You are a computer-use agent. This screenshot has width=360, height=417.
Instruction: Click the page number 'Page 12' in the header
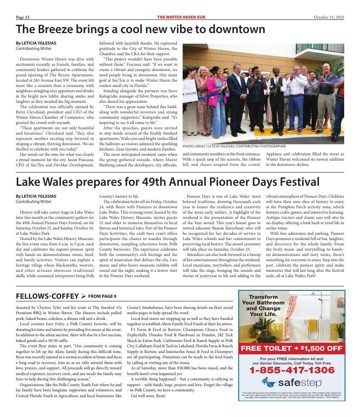tap(22, 17)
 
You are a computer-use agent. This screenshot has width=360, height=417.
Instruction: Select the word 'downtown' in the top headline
tap(236, 30)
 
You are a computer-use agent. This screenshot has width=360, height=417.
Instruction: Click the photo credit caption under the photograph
tap(234, 146)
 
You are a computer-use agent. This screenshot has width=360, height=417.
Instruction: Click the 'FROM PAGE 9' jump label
tap(102, 296)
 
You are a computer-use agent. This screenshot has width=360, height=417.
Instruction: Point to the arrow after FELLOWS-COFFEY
tap(83, 296)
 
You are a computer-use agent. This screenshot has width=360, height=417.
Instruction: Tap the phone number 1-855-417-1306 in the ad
tap(292, 370)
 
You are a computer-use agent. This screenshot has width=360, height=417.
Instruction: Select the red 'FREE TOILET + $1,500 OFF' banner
tap(292, 349)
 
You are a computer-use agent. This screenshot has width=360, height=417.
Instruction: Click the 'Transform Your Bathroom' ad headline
tap(263, 306)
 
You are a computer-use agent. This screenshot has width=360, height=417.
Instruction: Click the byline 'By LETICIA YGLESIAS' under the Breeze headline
tap(36, 43)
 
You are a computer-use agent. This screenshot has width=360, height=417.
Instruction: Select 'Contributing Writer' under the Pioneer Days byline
tap(33, 202)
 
